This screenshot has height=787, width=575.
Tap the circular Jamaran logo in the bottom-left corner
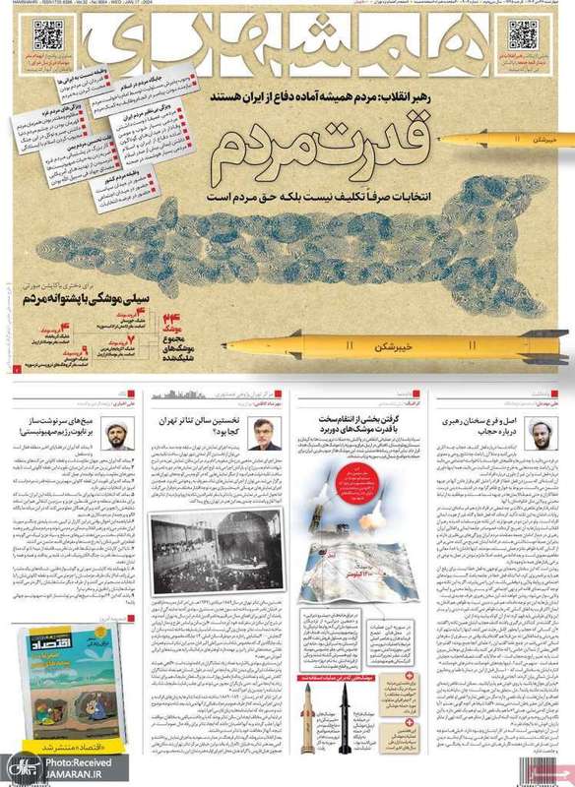click(x=17, y=766)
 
